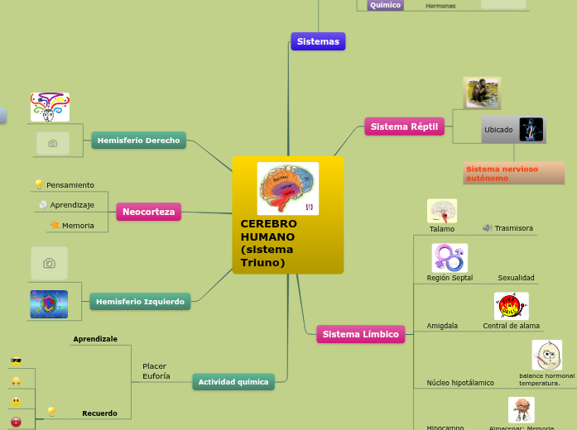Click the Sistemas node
pos(318,41)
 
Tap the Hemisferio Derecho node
pos(138,141)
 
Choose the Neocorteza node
pos(148,212)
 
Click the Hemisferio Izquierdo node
pos(140,302)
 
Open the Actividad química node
pos(233,382)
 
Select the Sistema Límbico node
pos(360,334)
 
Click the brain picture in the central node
pos(287,189)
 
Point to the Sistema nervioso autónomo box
pos(513,173)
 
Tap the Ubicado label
pos(498,130)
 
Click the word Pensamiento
pos(70,185)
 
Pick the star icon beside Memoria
pos(55,225)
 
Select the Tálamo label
pos(442,228)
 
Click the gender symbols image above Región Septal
pos(450,258)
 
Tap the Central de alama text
pos(511,326)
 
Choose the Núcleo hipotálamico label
pos(460,383)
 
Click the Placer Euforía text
pos(156,371)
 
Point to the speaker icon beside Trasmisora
pos(488,227)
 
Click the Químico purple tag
pos(385,5)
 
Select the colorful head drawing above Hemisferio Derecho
pos(50,107)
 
